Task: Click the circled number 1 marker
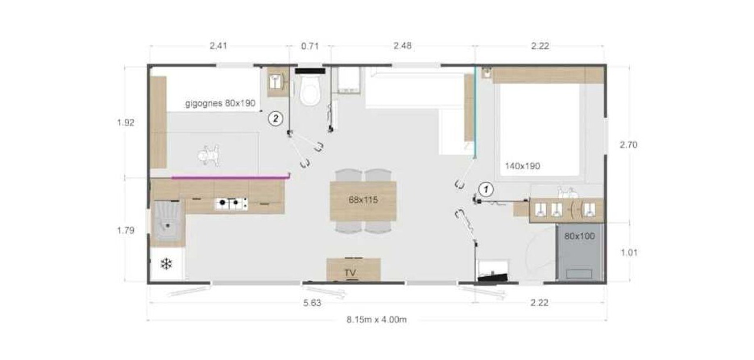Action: click(x=486, y=189)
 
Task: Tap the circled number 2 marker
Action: click(x=276, y=118)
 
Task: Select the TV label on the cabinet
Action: click(x=350, y=272)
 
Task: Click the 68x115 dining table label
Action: click(x=363, y=200)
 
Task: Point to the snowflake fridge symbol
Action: click(x=166, y=264)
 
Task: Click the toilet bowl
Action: click(x=310, y=90)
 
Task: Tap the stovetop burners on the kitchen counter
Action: click(x=232, y=203)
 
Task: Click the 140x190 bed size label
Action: click(x=522, y=166)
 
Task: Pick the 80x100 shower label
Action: click(x=579, y=236)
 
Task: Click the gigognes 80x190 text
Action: click(x=220, y=103)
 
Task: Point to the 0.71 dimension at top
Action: click(x=310, y=46)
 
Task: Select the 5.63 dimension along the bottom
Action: click(x=312, y=303)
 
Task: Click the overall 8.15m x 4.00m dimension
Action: click(x=376, y=319)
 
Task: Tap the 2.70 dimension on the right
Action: click(x=629, y=145)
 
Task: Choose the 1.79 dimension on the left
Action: click(x=125, y=230)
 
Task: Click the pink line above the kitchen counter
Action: click(x=231, y=176)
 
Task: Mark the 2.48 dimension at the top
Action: click(x=402, y=46)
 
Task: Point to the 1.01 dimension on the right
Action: click(x=629, y=253)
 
